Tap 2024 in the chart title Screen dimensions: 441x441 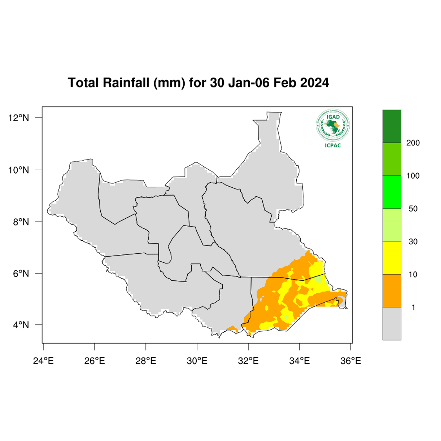(x=315, y=83)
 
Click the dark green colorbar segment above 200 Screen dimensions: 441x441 (x=392, y=126)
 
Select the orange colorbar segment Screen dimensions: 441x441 (x=392, y=290)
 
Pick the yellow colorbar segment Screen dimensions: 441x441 (x=392, y=258)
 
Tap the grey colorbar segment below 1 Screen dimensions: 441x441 (x=392, y=323)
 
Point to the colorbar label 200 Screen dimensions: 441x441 (x=413, y=143)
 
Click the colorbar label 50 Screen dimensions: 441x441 (x=413, y=209)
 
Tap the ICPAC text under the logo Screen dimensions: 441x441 (x=333, y=146)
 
